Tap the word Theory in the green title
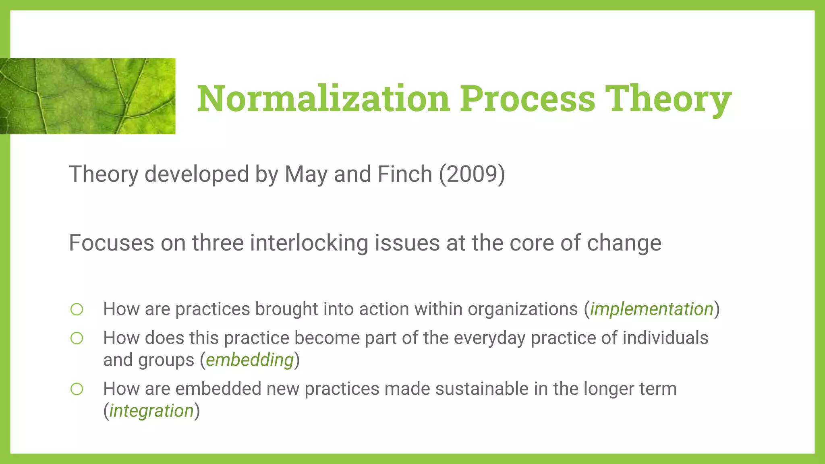tap(668, 99)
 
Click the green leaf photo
tap(87, 96)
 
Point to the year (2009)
tap(472, 174)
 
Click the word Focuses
tap(111, 243)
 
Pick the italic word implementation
tap(652, 309)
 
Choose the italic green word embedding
tap(249, 360)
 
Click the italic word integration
tap(151, 411)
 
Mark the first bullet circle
tap(77, 309)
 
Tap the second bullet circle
tap(77, 338)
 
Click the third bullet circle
tap(77, 389)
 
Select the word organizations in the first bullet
tap(522, 309)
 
